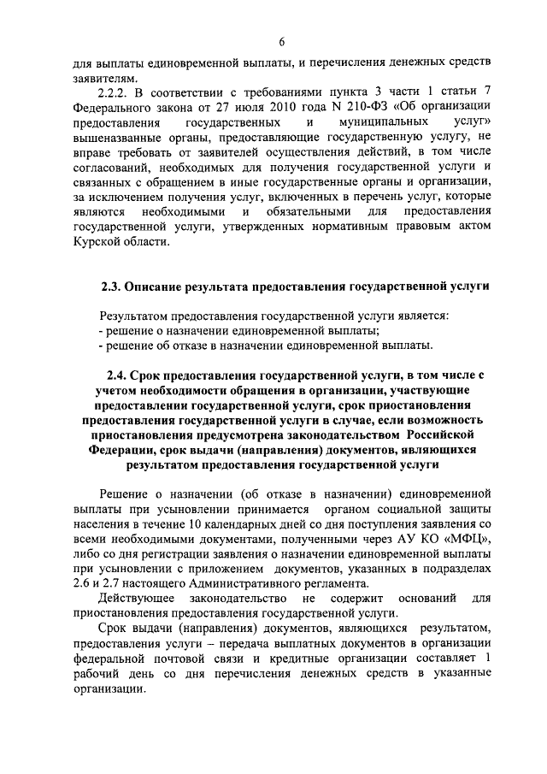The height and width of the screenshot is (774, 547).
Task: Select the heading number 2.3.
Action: click(114, 285)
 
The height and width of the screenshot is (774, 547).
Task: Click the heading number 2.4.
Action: click(120, 375)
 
